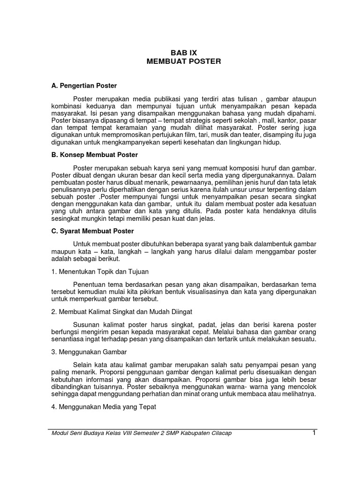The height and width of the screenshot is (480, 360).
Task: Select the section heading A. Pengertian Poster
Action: coord(84,86)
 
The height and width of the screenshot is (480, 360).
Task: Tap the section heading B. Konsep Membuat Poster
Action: coord(95,155)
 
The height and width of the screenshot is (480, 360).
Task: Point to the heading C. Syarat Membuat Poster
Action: coord(93,231)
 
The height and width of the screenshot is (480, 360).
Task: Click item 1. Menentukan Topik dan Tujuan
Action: coord(100,271)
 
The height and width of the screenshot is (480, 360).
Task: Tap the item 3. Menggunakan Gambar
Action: coord(90,352)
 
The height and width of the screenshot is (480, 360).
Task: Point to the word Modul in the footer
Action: coord(60,433)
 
